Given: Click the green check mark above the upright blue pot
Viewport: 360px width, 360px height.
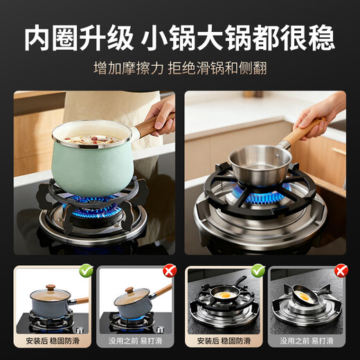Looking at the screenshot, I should click(86, 269).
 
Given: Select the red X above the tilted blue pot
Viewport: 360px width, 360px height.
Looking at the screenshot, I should click(170, 270).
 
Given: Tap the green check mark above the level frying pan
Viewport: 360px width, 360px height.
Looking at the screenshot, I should click(258, 269).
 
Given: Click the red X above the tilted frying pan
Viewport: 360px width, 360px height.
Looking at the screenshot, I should click(340, 270).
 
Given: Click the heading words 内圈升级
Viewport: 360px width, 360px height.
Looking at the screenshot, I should click(78, 39).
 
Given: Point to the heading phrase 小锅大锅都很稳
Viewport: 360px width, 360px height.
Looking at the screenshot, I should click(237, 39).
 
